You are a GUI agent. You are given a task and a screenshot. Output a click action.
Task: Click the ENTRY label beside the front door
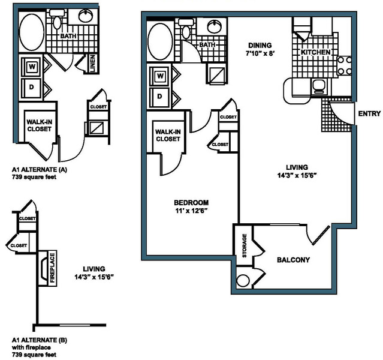click(369, 114)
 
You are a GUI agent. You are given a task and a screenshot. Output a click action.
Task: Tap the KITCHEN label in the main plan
click(315, 52)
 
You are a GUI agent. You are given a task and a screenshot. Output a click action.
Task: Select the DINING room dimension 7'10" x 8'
click(260, 53)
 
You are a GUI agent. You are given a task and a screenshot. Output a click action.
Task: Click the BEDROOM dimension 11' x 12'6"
click(191, 211)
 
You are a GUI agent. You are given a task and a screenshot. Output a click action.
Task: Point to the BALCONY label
click(293, 260)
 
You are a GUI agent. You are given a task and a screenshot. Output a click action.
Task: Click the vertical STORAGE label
click(245, 245)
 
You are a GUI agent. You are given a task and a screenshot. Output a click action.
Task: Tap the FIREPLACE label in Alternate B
click(52, 268)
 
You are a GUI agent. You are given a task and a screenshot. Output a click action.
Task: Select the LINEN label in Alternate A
click(92, 64)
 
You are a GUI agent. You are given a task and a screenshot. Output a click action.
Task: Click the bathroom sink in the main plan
click(215, 26)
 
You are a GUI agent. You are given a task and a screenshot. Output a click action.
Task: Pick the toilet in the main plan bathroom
click(186, 29)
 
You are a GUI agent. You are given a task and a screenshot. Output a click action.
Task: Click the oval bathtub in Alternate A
click(32, 32)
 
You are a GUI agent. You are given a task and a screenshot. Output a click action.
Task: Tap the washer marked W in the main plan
click(160, 76)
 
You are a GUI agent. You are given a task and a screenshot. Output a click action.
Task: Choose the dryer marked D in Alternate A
click(32, 88)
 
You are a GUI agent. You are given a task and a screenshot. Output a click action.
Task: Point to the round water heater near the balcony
click(243, 281)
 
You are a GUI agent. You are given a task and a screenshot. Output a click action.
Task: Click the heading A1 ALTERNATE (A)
click(40, 169)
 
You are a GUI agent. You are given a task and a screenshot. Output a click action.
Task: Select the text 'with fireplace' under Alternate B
click(32, 347)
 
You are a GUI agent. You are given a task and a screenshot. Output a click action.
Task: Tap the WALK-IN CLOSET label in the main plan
click(168, 136)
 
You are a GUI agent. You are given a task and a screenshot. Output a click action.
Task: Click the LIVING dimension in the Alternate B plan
click(94, 277)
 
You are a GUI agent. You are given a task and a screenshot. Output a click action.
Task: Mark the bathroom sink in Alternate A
click(86, 16)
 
